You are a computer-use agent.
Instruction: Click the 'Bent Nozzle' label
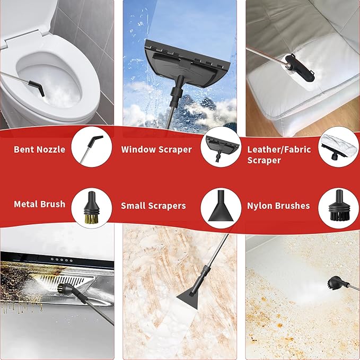point(39,150)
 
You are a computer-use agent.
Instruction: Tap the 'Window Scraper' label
point(156,150)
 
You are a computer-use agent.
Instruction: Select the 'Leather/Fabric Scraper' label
point(279,155)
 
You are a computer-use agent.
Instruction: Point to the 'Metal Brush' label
point(39,204)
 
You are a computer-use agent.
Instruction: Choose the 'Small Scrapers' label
point(153,206)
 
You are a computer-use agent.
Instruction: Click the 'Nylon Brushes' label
point(278,206)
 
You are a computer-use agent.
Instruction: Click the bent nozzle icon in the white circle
point(92,149)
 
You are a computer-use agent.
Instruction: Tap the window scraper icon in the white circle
point(221,147)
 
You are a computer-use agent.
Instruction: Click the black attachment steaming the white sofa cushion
point(300,68)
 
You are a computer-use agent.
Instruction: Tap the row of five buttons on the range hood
point(62,260)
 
